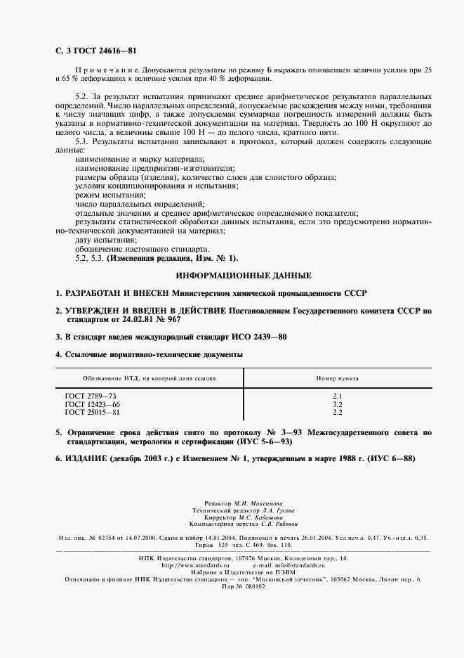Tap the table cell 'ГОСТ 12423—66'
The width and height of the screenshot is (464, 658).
coord(93,404)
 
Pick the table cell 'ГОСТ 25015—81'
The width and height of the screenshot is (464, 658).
coord(93,412)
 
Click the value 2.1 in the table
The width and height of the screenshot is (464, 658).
coord(337,396)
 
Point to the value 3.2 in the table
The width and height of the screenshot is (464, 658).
coord(337,404)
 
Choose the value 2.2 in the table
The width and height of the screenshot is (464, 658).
coord(337,412)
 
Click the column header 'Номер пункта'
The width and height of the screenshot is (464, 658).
coord(337,378)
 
